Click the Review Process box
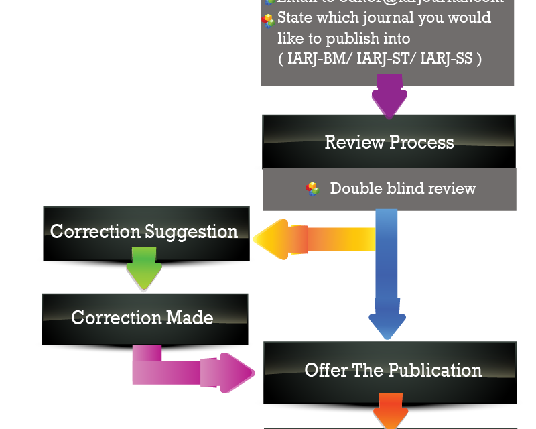(x=389, y=141)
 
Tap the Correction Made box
(x=143, y=317)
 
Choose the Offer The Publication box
(x=393, y=370)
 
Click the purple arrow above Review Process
(x=389, y=96)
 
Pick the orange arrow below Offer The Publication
(x=391, y=410)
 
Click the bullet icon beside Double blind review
(x=313, y=188)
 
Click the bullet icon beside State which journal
(x=268, y=21)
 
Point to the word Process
(x=419, y=142)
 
